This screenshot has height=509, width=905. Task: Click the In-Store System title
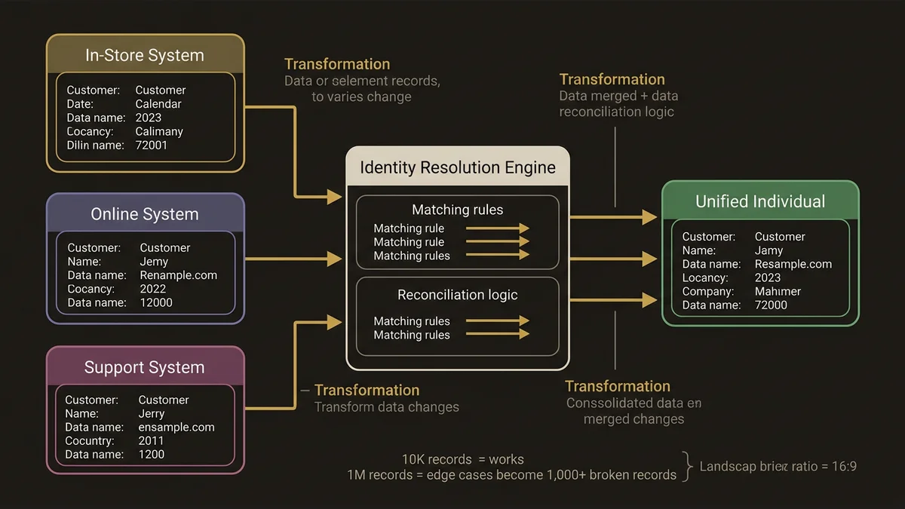145,55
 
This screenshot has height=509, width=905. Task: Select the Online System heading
145,214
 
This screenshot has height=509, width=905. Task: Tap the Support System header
145,367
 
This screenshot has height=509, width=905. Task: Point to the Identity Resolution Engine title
458,167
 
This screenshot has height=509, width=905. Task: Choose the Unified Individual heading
760,201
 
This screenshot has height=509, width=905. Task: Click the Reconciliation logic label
458,295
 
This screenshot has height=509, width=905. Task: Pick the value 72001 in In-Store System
152,145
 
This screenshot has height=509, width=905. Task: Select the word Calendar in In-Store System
158,104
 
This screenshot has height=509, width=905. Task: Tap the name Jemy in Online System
154,262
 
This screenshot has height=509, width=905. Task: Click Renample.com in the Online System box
179,275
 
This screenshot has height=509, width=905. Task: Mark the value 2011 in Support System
152,440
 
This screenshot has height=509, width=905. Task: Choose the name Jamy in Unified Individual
769,250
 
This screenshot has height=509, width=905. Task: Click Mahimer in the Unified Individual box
778,291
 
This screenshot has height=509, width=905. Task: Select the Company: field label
708,291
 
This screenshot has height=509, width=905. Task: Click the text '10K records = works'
463,459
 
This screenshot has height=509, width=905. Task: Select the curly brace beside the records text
688,467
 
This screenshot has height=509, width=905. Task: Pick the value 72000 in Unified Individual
771,305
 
